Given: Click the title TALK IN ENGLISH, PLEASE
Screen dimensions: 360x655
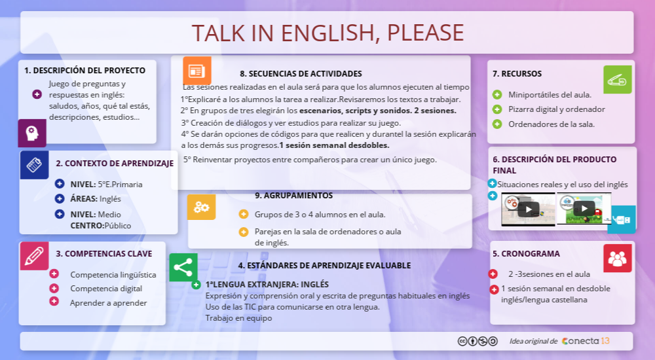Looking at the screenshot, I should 327,32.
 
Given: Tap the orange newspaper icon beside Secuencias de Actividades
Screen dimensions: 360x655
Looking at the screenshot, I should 196,71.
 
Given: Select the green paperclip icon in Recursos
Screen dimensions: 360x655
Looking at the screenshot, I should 617,79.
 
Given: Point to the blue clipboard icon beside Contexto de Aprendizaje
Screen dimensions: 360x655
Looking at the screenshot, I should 34,165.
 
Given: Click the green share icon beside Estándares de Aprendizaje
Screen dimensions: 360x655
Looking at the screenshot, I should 183,267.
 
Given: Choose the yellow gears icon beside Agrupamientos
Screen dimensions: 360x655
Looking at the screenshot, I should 201,207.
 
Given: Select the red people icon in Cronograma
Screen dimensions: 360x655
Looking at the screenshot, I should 617,258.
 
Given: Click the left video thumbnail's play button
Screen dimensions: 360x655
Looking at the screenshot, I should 528,209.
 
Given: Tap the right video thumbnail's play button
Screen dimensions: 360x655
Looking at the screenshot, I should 584,209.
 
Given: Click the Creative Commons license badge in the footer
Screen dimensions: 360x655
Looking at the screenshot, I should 477,341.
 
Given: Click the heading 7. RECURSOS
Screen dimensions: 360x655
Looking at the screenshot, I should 517,74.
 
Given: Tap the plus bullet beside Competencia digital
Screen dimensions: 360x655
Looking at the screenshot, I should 54,288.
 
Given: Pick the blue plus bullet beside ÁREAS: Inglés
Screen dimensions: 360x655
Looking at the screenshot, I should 60,198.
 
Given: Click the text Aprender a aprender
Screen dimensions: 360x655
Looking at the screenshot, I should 109,303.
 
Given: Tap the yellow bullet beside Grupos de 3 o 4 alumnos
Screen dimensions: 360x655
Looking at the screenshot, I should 244,214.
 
